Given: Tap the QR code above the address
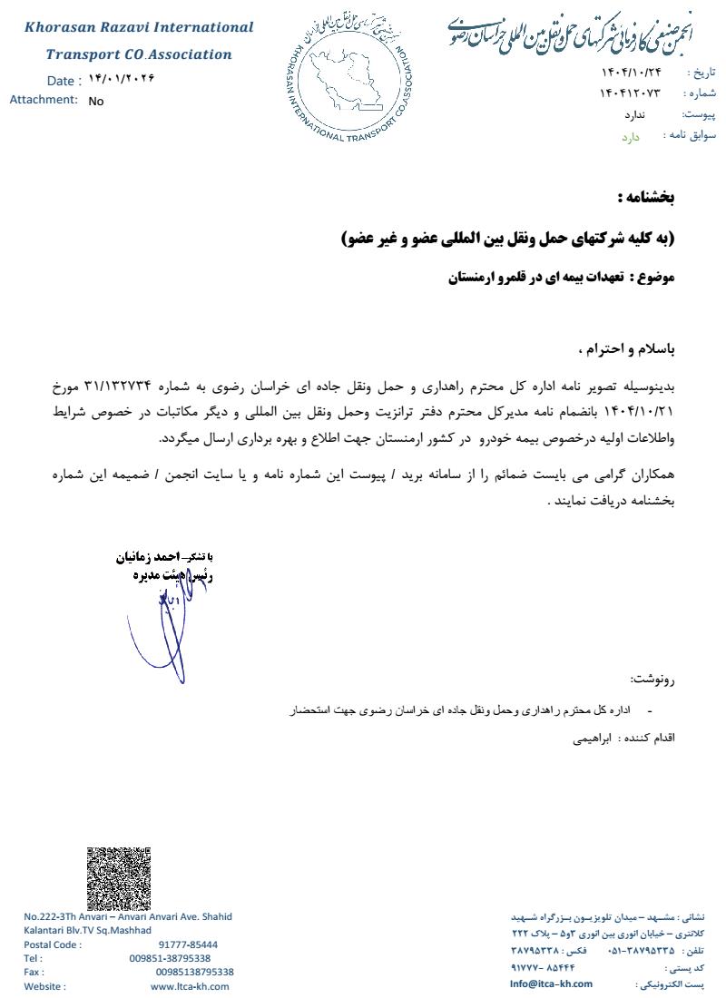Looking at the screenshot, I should point(119,878).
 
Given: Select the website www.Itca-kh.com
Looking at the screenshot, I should point(190,986).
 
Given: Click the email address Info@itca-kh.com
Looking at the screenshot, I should point(551,983).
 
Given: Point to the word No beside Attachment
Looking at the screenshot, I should point(96,102).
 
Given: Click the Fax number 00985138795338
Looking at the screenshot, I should point(194,972).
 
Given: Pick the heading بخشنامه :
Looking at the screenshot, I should point(645,197).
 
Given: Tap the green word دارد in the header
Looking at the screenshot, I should point(631,137).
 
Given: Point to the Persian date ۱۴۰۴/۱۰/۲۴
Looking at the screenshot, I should point(632,72).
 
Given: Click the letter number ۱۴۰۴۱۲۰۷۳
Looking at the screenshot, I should point(630,93).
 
